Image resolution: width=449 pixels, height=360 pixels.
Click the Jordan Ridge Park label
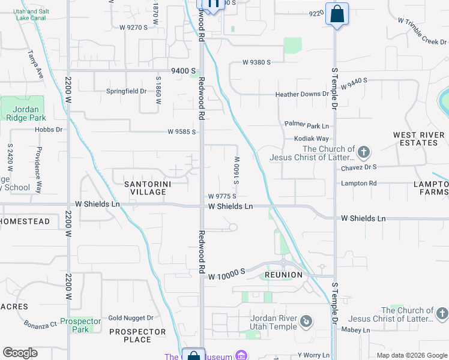26,113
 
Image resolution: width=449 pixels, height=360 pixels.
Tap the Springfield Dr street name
126,91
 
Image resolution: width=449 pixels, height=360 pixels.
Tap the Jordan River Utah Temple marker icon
306,322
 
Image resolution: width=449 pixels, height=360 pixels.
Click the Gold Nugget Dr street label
130,318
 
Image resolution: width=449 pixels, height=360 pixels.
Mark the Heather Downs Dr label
302,94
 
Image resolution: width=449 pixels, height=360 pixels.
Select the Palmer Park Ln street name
307,125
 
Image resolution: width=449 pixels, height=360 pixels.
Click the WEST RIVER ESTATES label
415,139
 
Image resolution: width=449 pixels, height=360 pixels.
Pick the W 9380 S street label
257,62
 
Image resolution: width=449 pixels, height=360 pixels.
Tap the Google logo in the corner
20,353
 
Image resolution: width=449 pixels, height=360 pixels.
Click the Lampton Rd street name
358,183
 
